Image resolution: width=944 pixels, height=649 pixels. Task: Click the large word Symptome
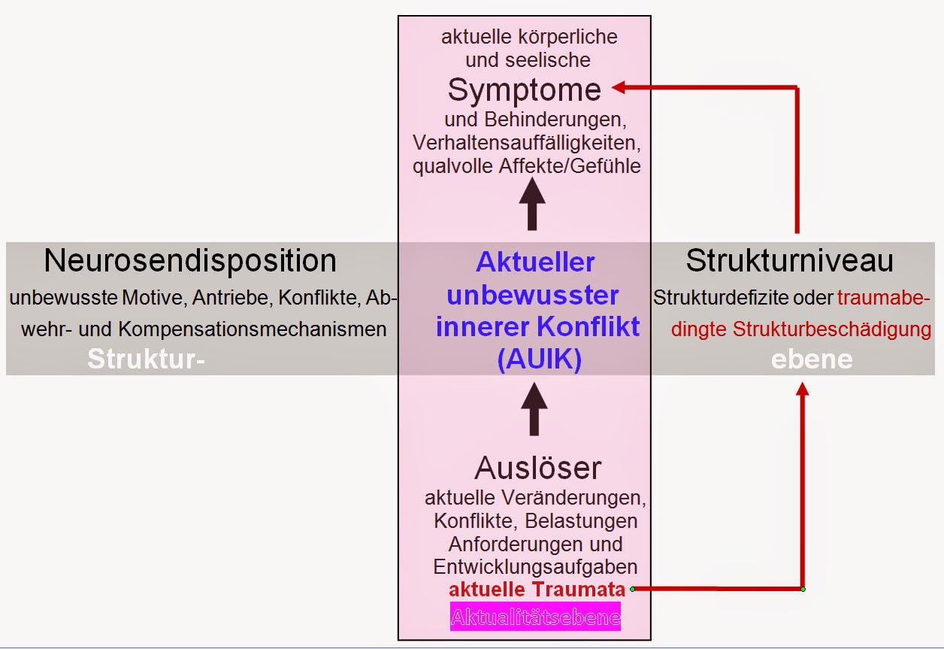[524, 90]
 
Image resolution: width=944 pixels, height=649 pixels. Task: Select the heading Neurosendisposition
[190, 261]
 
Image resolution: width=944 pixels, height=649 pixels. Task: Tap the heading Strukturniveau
[789, 261]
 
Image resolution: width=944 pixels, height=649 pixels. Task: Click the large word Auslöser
[537, 469]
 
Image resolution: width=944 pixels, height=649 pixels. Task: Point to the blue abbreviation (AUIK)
[539, 359]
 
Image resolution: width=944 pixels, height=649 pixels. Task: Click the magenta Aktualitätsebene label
[535, 617]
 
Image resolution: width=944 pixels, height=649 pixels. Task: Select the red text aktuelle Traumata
[537, 589]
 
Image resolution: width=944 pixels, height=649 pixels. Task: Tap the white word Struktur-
[146, 359]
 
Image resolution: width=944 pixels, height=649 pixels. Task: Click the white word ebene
[812, 359]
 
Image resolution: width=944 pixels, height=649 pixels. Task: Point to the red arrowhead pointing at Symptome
[619, 87]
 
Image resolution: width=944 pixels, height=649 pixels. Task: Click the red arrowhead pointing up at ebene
[803, 390]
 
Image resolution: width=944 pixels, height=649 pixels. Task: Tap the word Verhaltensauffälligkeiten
[530, 142]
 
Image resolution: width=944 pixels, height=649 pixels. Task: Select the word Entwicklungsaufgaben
[535, 566]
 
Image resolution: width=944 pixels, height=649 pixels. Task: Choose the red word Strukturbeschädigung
[832, 329]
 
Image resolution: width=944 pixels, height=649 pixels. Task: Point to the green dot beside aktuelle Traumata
[633, 589]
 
